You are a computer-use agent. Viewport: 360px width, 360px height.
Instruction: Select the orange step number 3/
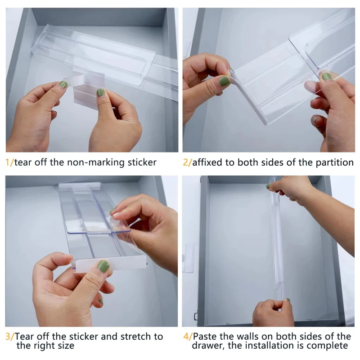[x=9, y=337]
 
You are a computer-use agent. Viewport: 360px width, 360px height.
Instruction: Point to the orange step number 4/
[x=187, y=337]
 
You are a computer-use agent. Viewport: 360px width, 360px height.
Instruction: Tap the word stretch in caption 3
[x=130, y=337]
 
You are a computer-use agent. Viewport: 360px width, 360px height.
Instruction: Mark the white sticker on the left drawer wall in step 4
[x=189, y=257]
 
